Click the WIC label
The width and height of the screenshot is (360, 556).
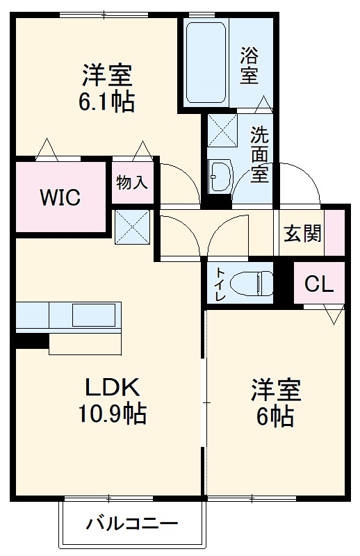60,197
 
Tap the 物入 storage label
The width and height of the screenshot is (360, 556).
132,182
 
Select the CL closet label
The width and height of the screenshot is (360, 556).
319,284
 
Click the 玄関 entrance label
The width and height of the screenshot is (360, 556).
302,234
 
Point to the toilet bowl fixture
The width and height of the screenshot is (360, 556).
252,283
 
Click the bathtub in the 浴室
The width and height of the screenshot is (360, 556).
206,63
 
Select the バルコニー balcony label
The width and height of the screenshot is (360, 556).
132,523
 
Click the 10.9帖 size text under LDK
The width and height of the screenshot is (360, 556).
112,414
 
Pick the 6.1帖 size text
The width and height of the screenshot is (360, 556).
106,102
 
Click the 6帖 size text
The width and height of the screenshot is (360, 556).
275,416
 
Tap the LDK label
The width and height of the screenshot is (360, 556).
112,387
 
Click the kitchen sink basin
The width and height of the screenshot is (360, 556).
94,315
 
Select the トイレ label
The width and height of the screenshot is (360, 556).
220,284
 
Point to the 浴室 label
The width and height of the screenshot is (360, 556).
249,65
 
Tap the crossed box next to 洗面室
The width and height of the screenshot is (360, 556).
222,130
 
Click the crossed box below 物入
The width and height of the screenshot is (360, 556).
133,227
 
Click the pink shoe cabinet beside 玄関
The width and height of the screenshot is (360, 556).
334,232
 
